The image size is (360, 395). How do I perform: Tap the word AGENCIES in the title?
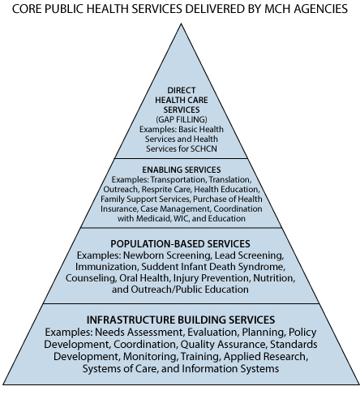pos(320,9)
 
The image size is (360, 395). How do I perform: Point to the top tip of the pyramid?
pos(182,24)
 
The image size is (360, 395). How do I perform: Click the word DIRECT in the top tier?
pos(182,90)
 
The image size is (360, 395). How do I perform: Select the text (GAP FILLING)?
pos(182,119)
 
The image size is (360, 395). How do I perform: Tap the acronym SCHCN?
pos(204,148)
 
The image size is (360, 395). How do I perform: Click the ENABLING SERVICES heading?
pos(182,170)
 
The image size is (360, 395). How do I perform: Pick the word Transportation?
pos(178,180)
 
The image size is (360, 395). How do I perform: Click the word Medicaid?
pos(153,218)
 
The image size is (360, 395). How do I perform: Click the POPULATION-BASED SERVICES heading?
pos(180,244)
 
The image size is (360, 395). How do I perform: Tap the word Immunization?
pos(106,267)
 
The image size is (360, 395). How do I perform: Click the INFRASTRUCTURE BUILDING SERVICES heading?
pos(181,320)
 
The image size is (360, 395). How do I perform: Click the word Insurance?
pos(119,209)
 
